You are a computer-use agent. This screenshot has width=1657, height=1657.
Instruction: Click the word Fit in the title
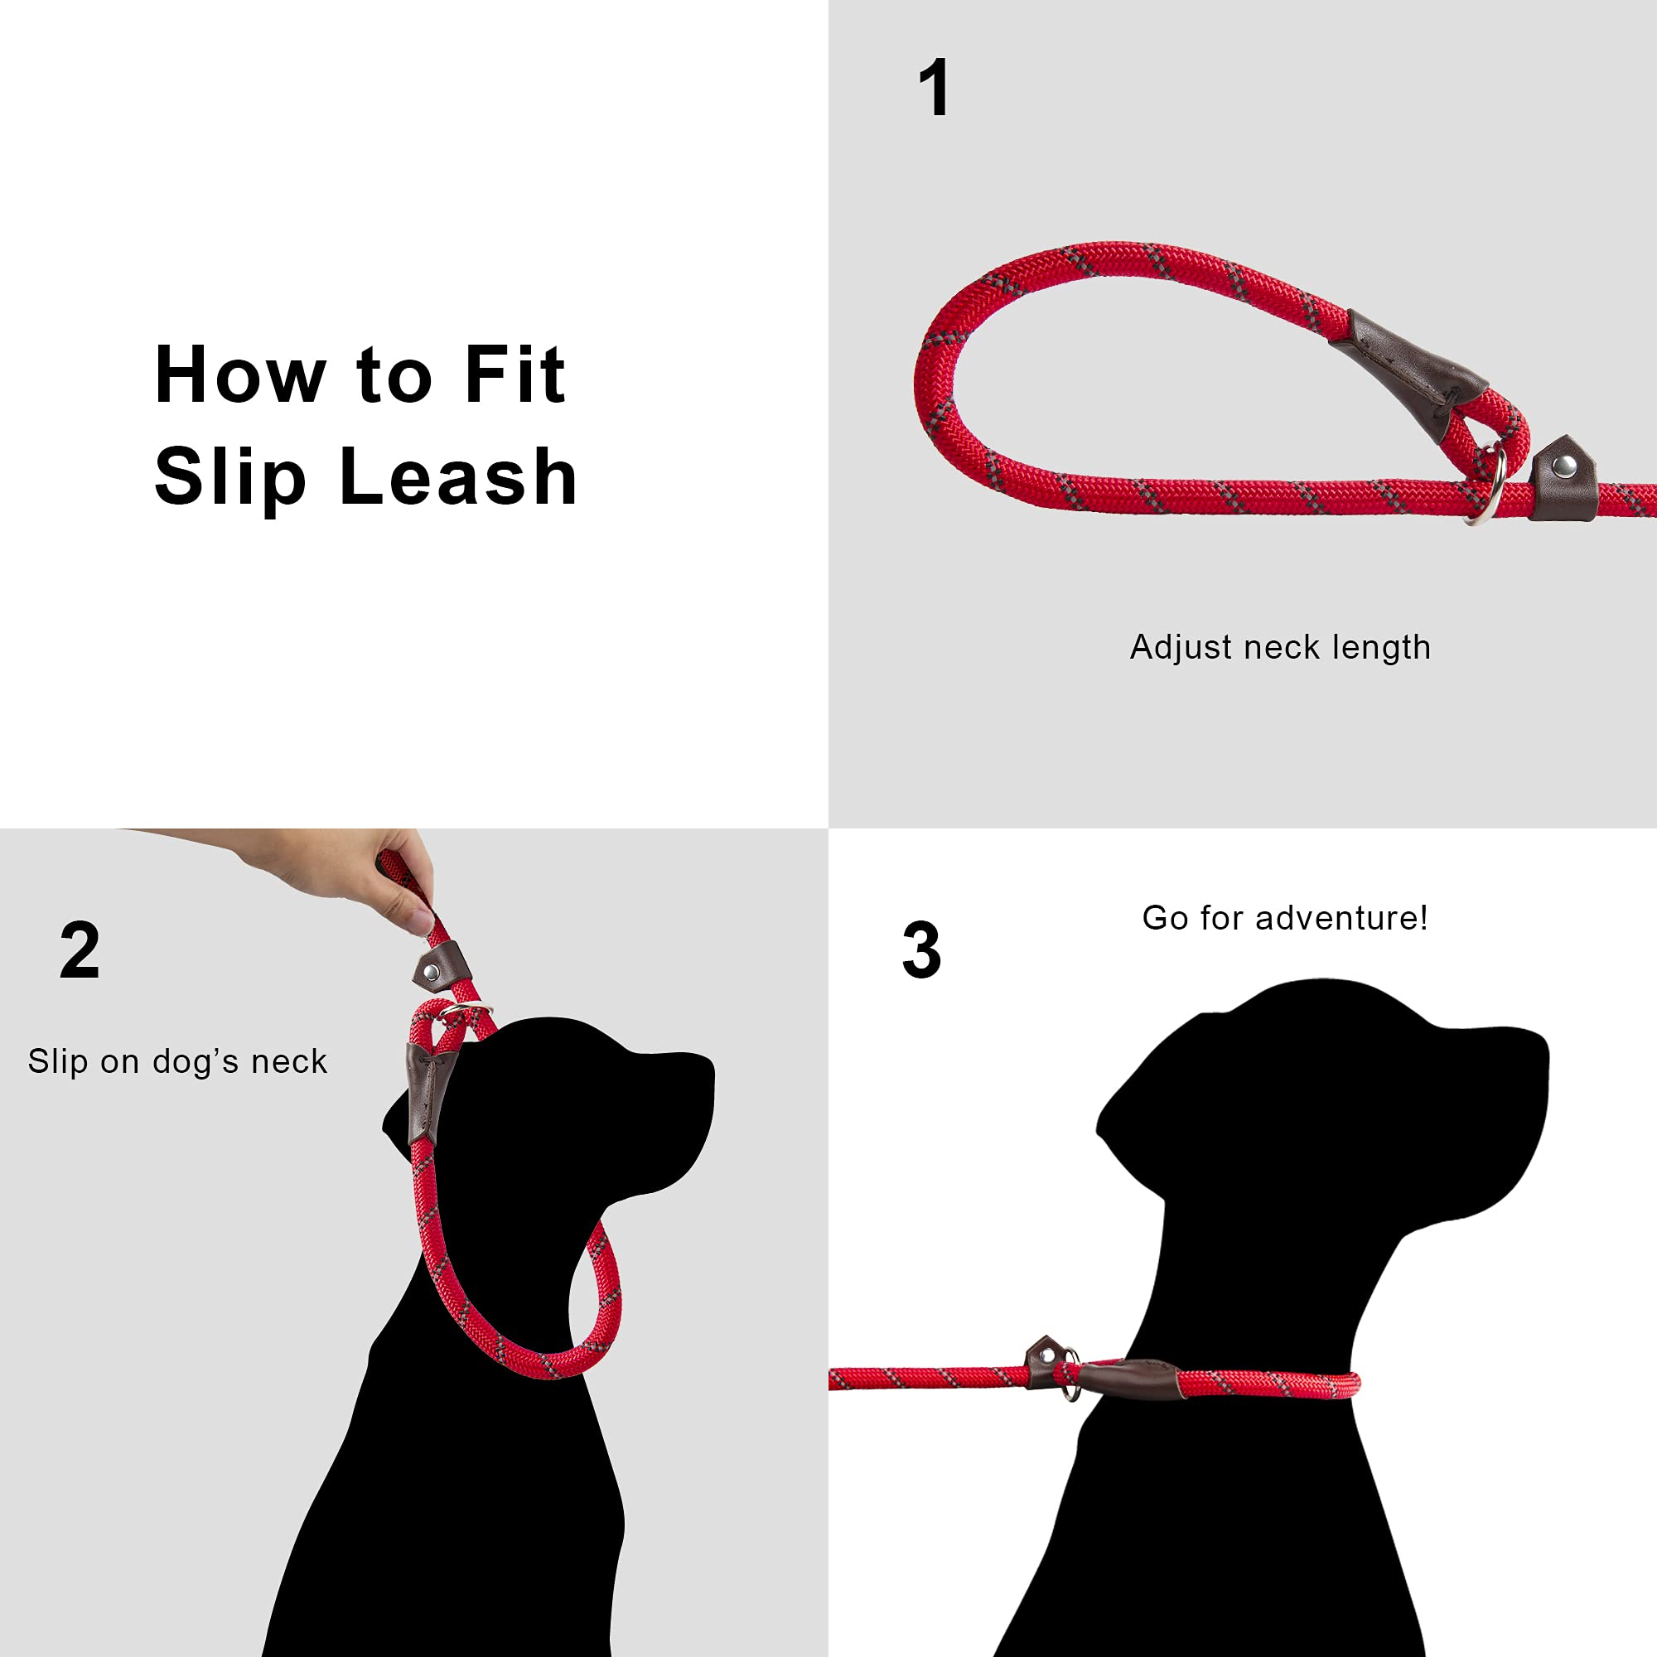(x=514, y=374)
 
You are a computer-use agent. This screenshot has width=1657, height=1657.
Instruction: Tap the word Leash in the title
(x=458, y=478)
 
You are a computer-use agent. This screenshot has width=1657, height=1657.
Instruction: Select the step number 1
(x=934, y=89)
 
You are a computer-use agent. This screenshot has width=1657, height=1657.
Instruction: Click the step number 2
(x=80, y=950)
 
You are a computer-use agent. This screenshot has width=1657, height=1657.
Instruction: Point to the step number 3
(x=922, y=950)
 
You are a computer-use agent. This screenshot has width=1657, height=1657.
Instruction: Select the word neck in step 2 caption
(x=289, y=1062)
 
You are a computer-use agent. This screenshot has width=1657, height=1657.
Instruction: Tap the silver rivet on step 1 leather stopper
(x=1563, y=466)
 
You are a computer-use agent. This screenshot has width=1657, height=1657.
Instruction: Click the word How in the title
(x=240, y=374)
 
